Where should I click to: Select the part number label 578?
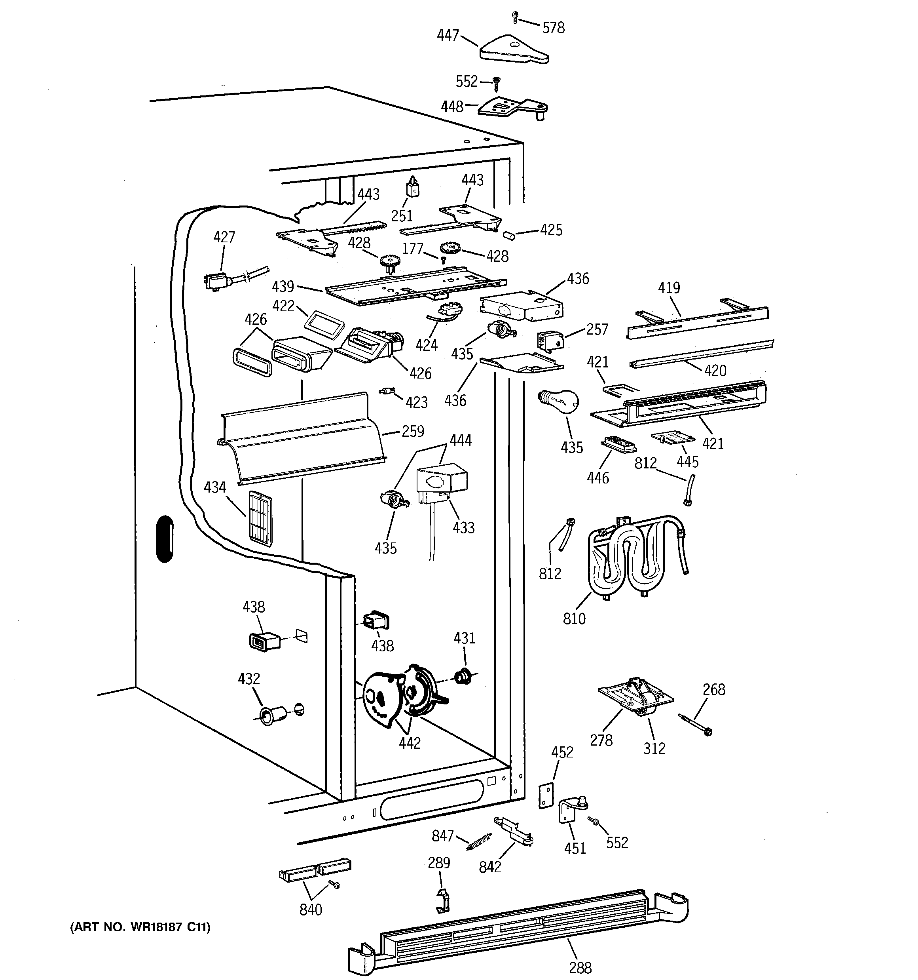coord(553,28)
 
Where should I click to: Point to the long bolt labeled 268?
coord(695,724)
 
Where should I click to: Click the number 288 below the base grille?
coord(580,968)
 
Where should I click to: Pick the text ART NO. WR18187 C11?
coord(140,927)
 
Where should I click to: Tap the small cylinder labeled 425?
coord(509,234)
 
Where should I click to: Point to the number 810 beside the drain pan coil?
coord(574,618)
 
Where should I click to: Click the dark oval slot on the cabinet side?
coord(165,539)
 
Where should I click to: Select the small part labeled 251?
coord(412,187)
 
